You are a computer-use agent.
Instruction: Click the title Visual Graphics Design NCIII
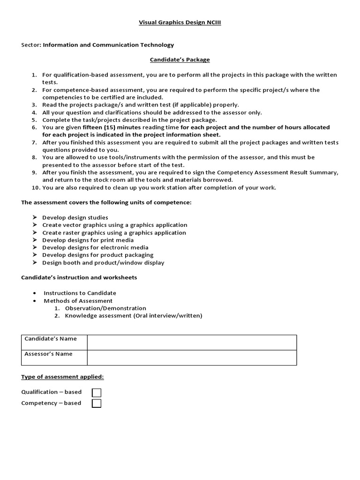click(x=180, y=22)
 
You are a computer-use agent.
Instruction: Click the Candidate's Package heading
click(x=180, y=60)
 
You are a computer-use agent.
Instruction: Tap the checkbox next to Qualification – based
click(x=97, y=393)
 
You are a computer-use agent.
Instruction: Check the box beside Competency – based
click(x=97, y=404)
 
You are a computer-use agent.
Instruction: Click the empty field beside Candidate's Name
click(x=192, y=342)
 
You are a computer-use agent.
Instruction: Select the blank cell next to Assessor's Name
click(x=192, y=358)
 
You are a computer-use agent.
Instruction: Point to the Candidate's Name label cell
click(x=54, y=342)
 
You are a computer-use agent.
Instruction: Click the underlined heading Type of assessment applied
click(x=62, y=377)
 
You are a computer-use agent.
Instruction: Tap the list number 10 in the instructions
click(x=36, y=188)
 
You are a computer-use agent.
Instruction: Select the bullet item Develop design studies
click(x=75, y=217)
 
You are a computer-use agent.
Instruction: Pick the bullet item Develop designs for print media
click(x=88, y=240)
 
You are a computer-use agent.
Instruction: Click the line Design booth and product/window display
click(x=103, y=263)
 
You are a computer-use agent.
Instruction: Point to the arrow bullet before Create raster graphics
click(x=35, y=232)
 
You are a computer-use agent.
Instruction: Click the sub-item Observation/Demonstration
click(x=105, y=308)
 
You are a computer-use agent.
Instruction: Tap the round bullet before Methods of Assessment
click(x=36, y=301)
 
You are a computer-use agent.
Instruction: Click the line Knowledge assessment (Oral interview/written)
click(x=134, y=316)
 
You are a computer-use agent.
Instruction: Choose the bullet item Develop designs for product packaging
click(x=97, y=255)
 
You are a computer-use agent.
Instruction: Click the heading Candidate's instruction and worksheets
click(x=79, y=277)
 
